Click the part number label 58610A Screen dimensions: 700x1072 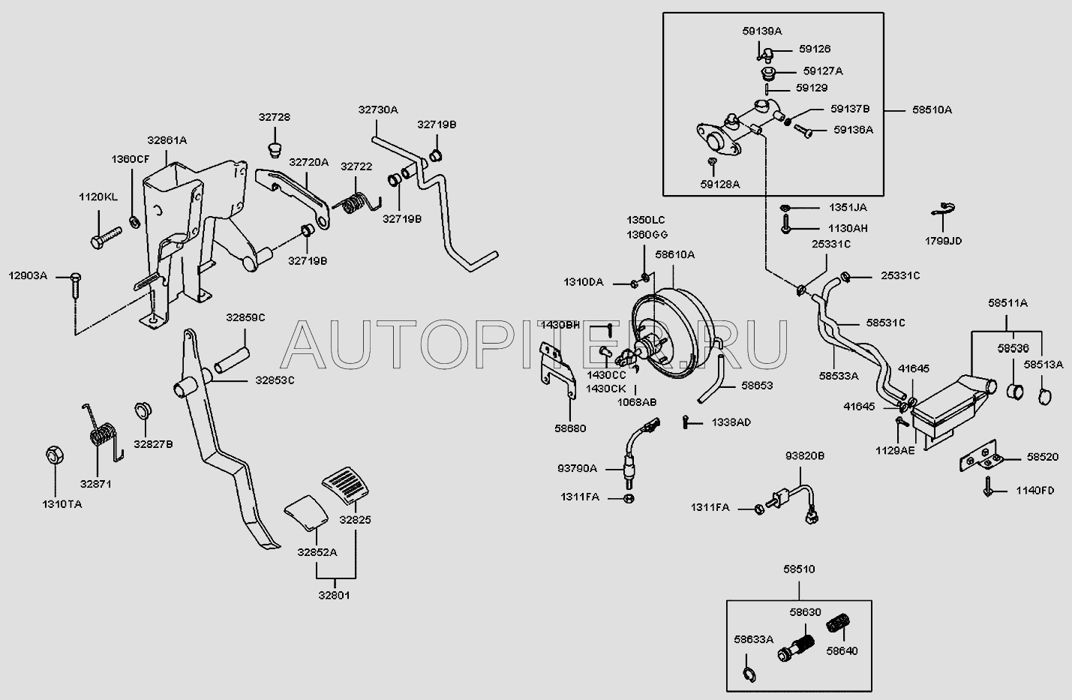point(674,255)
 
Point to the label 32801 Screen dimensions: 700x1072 point(334,596)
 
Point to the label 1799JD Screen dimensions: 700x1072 point(943,241)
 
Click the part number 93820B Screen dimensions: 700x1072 point(805,455)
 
